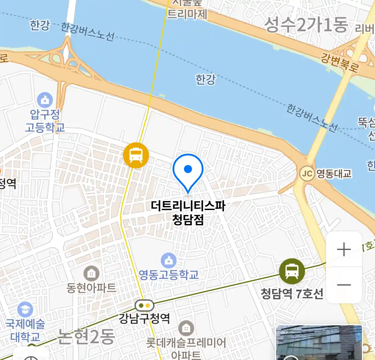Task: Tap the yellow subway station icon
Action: click(136, 155)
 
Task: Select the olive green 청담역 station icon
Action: click(292, 271)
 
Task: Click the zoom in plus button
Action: click(344, 249)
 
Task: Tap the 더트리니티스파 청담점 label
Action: click(188, 212)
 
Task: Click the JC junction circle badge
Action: click(307, 174)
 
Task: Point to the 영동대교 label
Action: click(334, 174)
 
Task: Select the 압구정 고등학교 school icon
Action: click(45, 100)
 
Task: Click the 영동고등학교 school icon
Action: click(169, 260)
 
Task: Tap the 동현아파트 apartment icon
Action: click(91, 274)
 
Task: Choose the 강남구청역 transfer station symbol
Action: click(144, 305)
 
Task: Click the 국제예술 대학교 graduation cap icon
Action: click(25, 310)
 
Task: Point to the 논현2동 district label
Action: click(86, 337)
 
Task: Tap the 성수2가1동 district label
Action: click(306, 25)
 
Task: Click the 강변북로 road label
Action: click(339, 63)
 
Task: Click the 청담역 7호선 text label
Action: click(292, 294)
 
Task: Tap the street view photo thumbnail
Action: click(319, 343)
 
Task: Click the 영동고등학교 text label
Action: click(169, 275)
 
